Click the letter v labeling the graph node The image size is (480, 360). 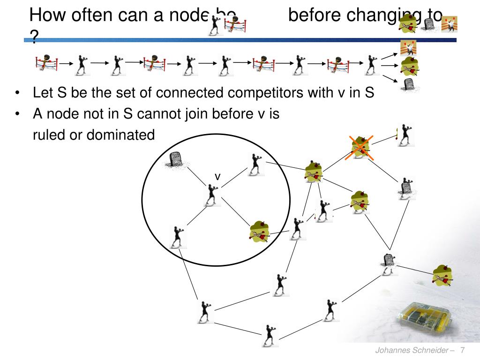pos(217,177)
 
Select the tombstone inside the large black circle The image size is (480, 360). pos(175,160)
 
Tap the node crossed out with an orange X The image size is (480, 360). pos(360,147)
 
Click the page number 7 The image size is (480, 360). pos(463,351)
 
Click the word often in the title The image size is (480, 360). pos(90,15)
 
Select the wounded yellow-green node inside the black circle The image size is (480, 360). pos(260,232)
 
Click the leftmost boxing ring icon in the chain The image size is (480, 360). pos(46,63)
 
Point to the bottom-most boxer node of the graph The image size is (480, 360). pos(270,336)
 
